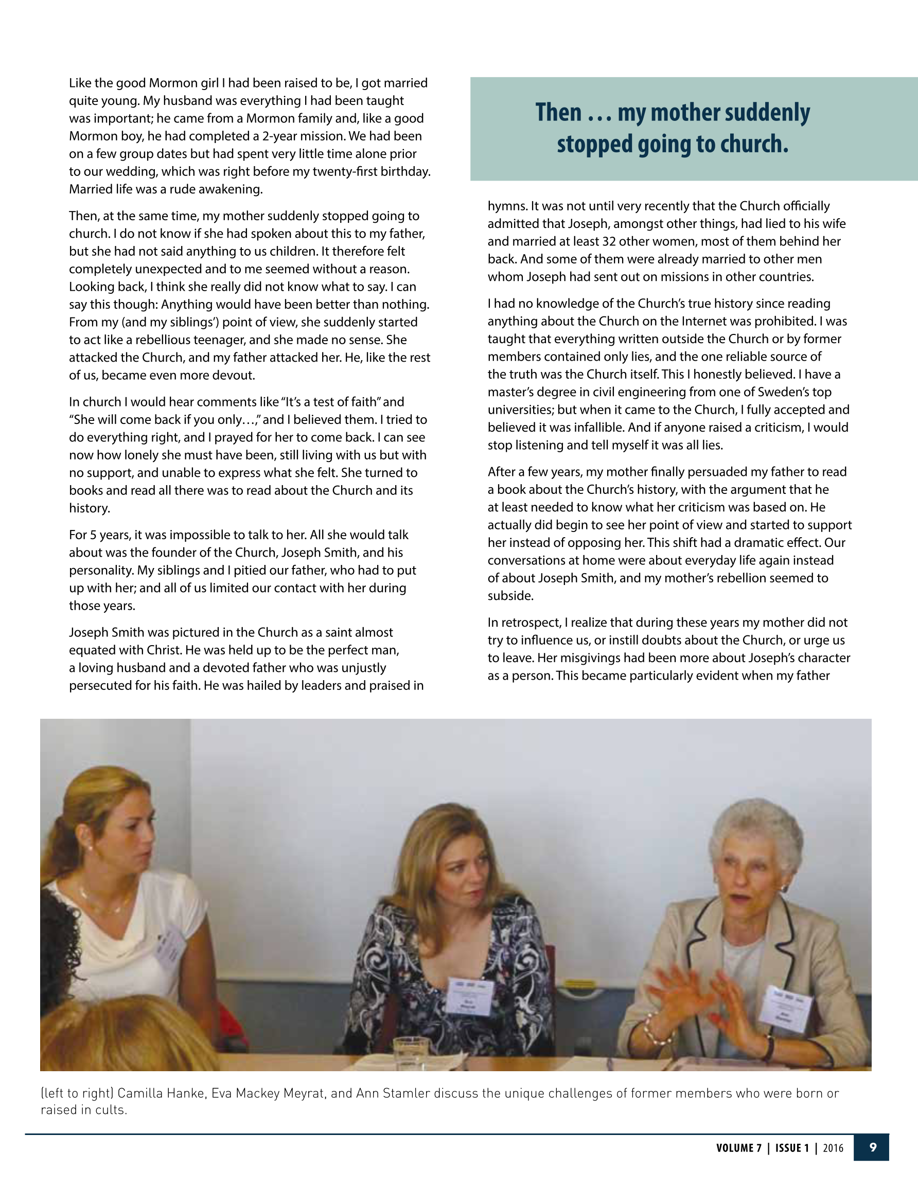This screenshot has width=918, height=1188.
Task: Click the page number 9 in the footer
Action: point(873,1147)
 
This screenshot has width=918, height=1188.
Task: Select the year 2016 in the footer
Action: point(833,1148)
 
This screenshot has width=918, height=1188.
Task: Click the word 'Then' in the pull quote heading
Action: point(558,113)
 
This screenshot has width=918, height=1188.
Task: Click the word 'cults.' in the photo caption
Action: point(112,1110)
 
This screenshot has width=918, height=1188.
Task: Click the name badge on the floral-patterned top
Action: point(470,996)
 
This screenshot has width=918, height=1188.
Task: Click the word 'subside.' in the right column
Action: point(510,596)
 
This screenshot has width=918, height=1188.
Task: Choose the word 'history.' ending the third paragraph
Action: point(89,508)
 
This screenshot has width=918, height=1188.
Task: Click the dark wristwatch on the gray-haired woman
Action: point(769,1046)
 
